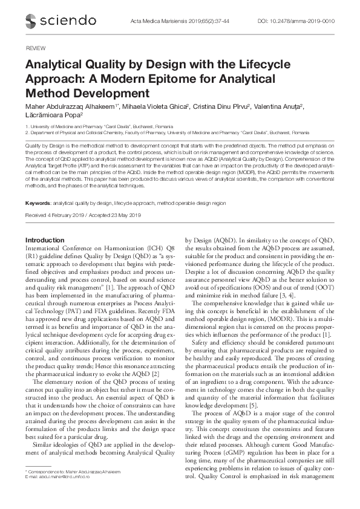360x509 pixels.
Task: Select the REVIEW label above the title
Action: (x=36, y=47)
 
